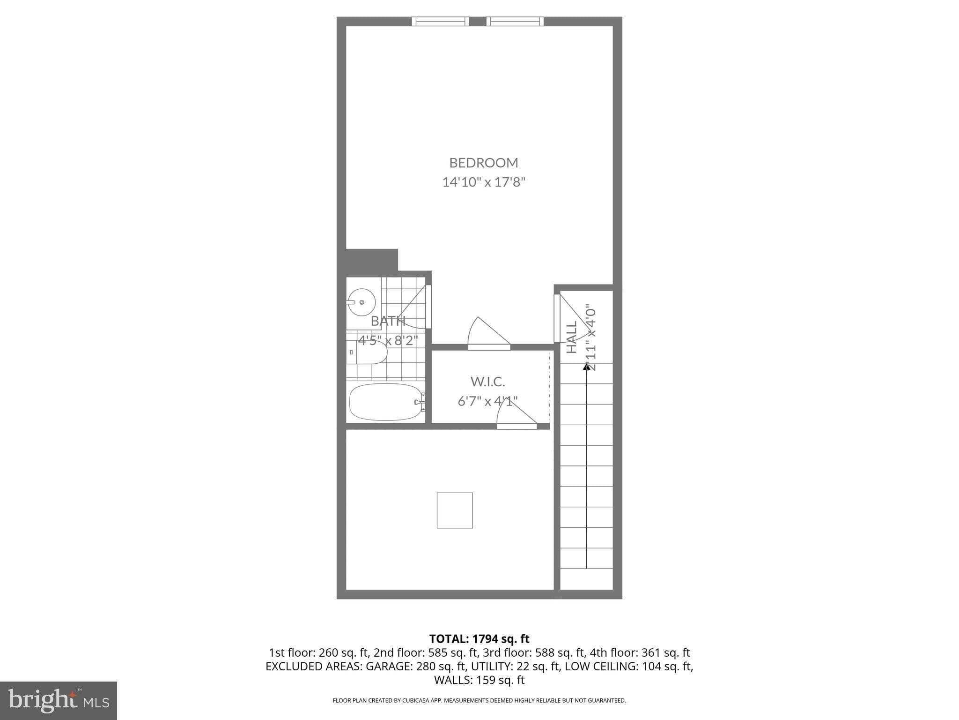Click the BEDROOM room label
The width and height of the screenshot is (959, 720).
[484, 163]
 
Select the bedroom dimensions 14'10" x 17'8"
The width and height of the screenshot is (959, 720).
[484, 182]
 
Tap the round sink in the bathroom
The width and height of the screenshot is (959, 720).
[361, 302]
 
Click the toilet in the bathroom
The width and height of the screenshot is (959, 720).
[371, 352]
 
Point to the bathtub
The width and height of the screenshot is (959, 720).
[386, 402]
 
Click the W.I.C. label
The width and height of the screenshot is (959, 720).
[487, 382]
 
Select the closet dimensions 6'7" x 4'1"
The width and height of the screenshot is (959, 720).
[487, 401]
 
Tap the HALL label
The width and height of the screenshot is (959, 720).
[572, 337]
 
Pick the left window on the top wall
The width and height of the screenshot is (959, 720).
[440, 21]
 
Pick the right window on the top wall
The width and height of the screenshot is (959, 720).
[515, 21]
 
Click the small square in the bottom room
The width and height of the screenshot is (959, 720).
[455, 510]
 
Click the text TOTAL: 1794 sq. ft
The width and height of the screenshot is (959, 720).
[479, 638]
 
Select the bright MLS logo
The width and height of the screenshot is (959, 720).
[58, 700]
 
